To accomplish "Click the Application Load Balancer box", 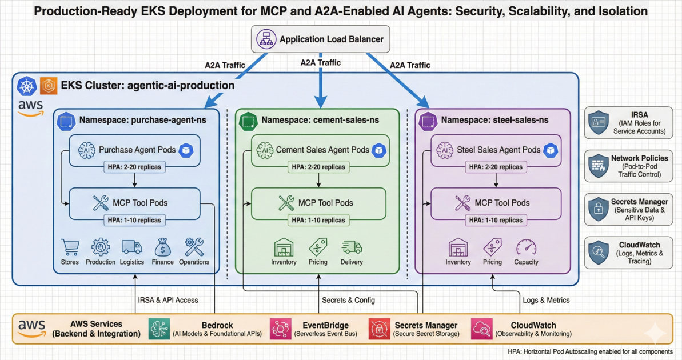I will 320,40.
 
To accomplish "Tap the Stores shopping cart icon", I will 70,247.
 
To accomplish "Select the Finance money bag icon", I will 162,247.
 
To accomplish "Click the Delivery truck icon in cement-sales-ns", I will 352,247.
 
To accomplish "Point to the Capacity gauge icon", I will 526,247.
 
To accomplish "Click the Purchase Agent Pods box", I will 135,150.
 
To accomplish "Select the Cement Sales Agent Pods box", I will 320,150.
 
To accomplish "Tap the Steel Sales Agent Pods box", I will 496,150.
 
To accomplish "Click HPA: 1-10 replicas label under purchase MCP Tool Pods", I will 135,220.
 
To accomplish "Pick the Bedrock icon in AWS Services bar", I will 159,329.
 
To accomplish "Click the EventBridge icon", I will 281,329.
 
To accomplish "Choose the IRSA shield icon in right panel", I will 598,123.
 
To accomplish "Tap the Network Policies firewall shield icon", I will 598,166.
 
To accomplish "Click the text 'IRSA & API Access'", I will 168,300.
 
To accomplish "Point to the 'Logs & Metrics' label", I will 546,300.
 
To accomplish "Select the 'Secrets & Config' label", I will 348,300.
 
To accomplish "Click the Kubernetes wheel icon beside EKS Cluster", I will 27,86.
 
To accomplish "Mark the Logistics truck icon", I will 131,247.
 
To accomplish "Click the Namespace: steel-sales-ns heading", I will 494,121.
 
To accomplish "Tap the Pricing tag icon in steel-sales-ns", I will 492,247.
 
